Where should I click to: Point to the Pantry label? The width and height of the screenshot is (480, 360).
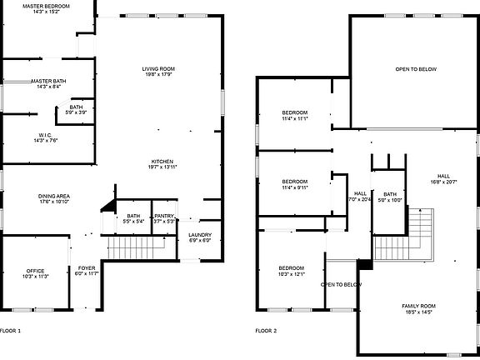(163, 218)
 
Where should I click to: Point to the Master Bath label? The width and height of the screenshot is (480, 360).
(48, 83)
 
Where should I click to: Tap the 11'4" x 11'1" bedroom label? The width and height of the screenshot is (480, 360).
(294, 115)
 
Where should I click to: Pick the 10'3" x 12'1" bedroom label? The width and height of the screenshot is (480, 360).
(292, 270)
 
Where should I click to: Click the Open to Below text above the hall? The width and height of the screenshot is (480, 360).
(415, 69)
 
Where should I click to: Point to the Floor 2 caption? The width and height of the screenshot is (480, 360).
(266, 331)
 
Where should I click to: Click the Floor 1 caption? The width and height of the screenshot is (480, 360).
(11, 331)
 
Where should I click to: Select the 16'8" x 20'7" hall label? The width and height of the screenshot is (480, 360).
(442, 178)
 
